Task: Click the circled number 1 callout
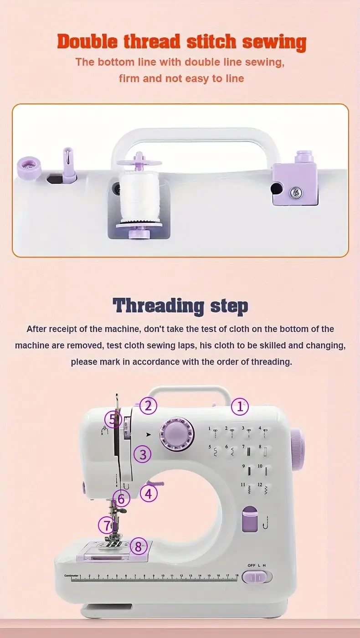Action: (x=240, y=406)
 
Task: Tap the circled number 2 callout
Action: (x=148, y=405)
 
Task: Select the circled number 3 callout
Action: (x=143, y=454)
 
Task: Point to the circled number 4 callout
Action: (x=149, y=493)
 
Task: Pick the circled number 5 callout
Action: (x=113, y=419)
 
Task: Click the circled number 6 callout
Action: (x=121, y=499)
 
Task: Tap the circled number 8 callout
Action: (x=139, y=546)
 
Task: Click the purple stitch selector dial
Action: (x=177, y=435)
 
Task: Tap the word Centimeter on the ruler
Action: (x=72, y=576)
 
